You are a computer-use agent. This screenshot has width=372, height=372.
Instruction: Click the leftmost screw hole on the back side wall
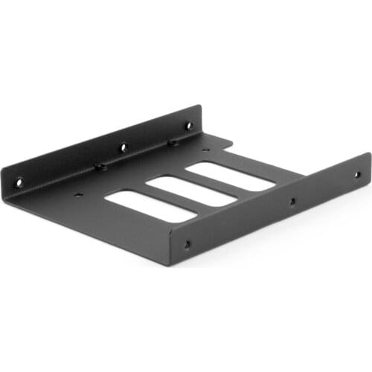click(19, 180)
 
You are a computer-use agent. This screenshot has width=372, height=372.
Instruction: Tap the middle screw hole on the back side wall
click(124, 147)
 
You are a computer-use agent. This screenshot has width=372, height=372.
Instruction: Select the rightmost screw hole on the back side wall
click(188, 126)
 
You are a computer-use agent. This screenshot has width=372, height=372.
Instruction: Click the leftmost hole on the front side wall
click(186, 243)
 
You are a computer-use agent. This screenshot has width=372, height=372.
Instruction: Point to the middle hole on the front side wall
click(292, 201)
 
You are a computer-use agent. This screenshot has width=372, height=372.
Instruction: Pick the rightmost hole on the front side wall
click(356, 175)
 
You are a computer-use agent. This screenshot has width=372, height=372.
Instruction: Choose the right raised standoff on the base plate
click(173, 142)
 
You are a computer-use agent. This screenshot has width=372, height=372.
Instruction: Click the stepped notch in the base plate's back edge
click(223, 143)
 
